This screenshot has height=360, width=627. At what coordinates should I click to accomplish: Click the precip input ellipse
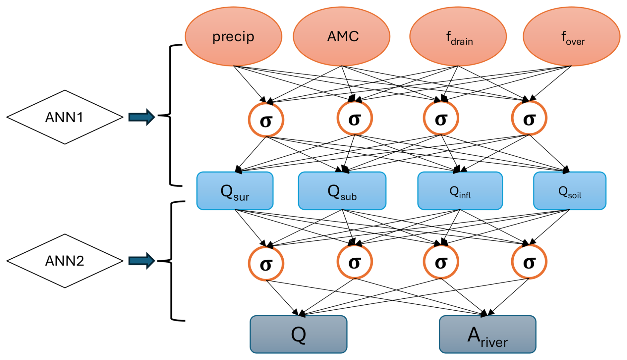(x=233, y=36)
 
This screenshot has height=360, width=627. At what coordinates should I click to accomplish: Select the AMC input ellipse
(x=342, y=36)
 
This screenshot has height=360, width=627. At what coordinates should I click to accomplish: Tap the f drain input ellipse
(x=458, y=36)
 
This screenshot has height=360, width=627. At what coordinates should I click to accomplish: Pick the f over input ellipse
(x=571, y=36)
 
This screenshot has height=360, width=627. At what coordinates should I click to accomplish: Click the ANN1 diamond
(x=65, y=117)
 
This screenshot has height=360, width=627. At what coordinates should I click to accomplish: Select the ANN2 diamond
(x=65, y=261)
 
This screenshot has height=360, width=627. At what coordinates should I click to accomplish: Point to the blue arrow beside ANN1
(x=142, y=117)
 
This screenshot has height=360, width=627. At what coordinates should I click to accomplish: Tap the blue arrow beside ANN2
(x=142, y=261)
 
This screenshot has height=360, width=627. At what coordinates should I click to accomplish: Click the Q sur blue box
(x=235, y=191)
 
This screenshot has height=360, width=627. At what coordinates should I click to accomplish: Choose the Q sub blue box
(x=342, y=191)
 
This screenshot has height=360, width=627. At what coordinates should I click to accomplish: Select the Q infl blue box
(x=460, y=191)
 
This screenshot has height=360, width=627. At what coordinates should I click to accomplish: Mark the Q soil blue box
(x=570, y=191)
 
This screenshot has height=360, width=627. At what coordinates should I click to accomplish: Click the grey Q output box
(x=299, y=334)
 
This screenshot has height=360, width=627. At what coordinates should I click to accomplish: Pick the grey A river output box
(x=487, y=334)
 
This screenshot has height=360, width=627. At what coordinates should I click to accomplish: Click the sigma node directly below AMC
(x=355, y=118)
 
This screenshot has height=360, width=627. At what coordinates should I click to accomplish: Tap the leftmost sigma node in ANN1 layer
(x=266, y=120)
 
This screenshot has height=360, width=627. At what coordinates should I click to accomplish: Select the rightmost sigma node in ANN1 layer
(x=529, y=118)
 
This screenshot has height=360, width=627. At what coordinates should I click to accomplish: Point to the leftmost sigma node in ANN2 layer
(x=266, y=263)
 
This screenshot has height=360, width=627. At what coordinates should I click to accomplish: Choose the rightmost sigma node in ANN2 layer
(x=529, y=262)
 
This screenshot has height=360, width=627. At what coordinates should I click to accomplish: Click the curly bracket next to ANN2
(x=172, y=261)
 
